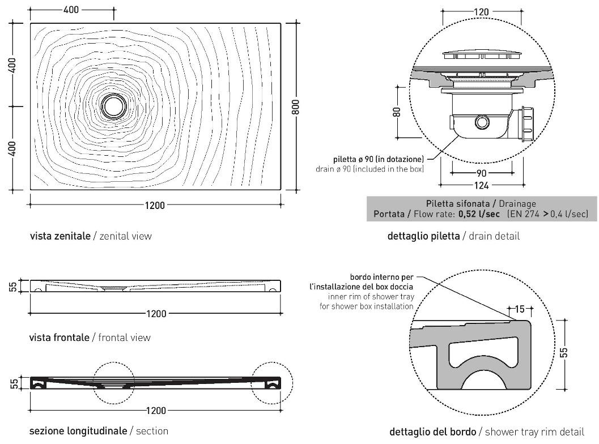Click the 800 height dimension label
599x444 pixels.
[x=295, y=105]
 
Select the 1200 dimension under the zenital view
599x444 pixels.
[x=154, y=205]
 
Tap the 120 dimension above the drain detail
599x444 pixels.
[x=482, y=11]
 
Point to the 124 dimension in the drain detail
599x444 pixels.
[x=482, y=185]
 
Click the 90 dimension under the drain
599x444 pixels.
[x=482, y=173]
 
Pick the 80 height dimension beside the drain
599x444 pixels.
[x=397, y=112]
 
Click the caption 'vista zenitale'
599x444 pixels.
[x=60, y=236]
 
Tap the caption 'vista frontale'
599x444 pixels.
[x=59, y=338]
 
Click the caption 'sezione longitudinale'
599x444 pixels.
[x=78, y=431]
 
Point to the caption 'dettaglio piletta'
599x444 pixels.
[x=423, y=236]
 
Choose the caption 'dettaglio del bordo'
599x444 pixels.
[x=434, y=432]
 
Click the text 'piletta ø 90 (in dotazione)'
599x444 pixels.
[x=378, y=160]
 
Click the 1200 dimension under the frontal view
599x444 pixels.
[x=156, y=313]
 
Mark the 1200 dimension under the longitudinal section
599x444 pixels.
[x=156, y=411]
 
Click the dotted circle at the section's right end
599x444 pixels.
[x=272, y=383]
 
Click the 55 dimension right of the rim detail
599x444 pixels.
[x=564, y=352]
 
